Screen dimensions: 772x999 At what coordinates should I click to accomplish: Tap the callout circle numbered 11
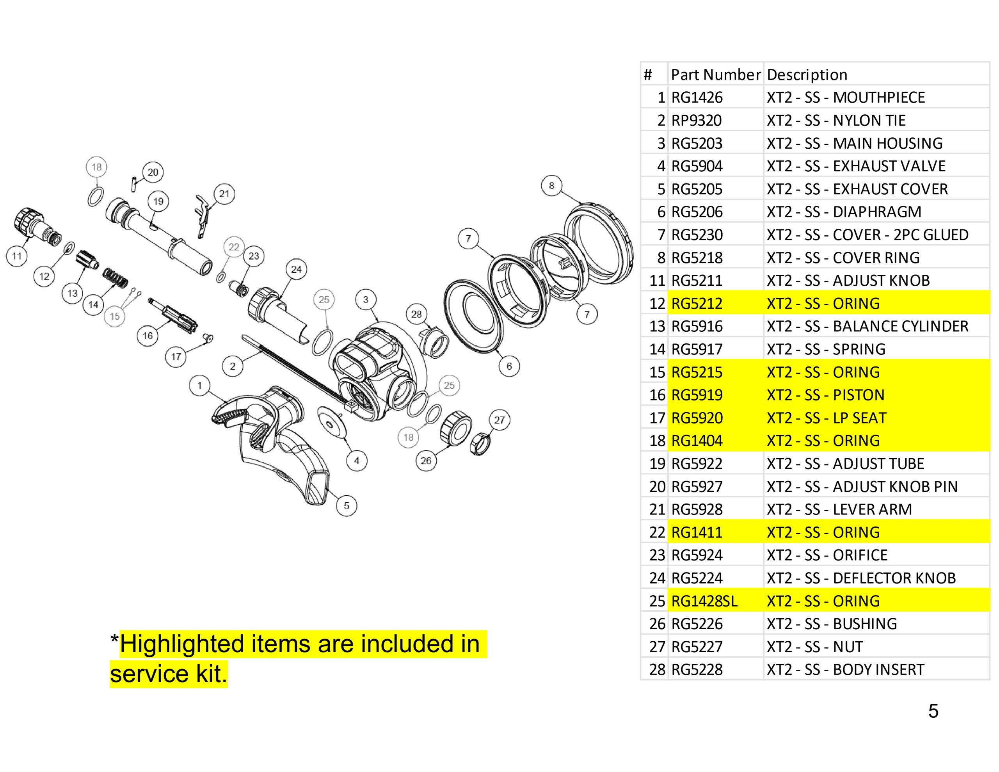point(17,256)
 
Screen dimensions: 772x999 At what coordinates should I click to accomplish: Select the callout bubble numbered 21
point(224,194)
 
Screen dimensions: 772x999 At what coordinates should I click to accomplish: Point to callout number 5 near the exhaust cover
point(346,506)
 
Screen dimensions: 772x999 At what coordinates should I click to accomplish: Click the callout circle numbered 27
point(499,420)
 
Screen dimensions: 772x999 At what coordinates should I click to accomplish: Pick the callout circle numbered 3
point(366,300)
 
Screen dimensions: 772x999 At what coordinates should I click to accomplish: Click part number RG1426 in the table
point(697,98)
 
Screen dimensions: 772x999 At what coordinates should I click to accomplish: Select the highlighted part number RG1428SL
point(704,601)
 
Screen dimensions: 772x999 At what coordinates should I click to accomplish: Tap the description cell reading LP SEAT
point(827,418)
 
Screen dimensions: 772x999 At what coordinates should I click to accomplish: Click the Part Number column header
point(715,75)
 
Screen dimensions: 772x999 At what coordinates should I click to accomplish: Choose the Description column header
point(807,75)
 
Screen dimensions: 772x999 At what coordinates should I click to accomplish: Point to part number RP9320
point(696,120)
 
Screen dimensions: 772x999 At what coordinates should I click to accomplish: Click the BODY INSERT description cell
point(845,669)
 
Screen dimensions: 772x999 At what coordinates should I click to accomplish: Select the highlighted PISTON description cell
point(826,395)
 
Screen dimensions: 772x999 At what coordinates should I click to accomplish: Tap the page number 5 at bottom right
point(933,711)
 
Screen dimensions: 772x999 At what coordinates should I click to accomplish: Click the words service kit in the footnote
point(168,674)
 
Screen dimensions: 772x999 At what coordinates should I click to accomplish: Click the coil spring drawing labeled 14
point(115,278)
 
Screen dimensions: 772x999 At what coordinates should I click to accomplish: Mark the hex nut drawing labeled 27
point(480,443)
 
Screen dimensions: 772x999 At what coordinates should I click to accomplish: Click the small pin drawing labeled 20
point(133,185)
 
